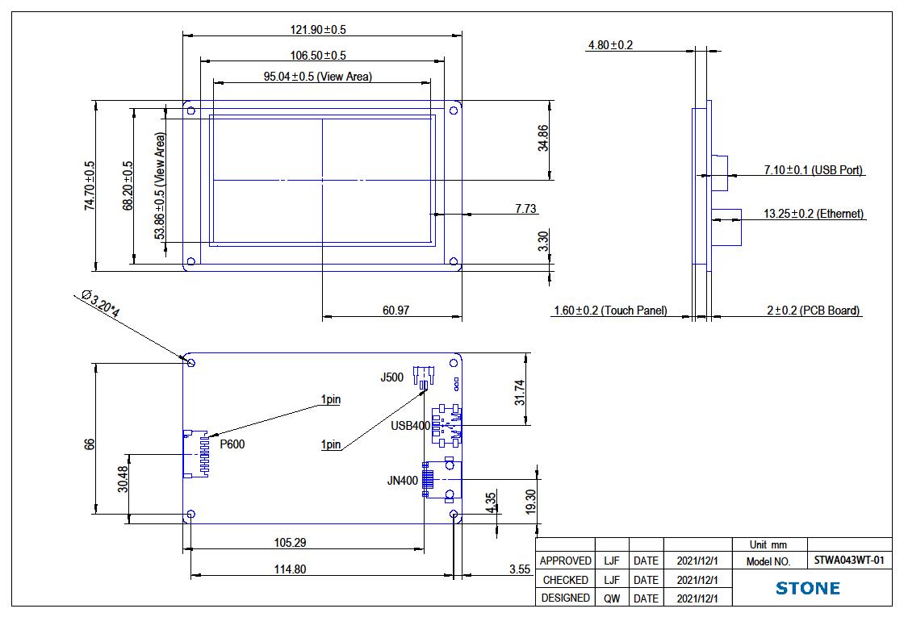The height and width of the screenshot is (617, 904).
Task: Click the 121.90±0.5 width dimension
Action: tap(318, 30)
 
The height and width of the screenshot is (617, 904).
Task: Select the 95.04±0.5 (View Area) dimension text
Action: tap(318, 77)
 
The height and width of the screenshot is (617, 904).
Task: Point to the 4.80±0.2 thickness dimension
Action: tap(610, 45)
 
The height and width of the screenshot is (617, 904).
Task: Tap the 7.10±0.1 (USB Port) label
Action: tap(814, 170)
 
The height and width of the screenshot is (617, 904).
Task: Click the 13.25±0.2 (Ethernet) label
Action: tap(814, 214)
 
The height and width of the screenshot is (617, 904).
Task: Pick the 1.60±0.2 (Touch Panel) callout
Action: tap(610, 311)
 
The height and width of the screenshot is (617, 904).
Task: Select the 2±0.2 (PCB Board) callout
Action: tap(813, 311)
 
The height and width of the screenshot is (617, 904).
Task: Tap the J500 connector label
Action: tap(392, 377)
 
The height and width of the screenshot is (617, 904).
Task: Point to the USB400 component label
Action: tap(411, 426)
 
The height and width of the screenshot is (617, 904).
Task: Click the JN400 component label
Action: tap(403, 481)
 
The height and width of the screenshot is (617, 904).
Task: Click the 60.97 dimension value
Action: tap(394, 311)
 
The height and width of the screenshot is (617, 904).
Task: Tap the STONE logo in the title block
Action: tap(807, 588)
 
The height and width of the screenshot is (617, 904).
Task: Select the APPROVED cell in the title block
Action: tap(565, 561)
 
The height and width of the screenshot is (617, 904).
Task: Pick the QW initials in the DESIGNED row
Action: tap(612, 598)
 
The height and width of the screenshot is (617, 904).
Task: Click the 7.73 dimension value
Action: tap(525, 209)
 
